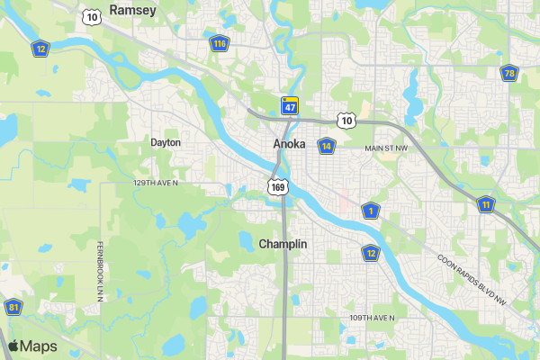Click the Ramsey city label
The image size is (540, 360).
(132, 10)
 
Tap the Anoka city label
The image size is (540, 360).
(289, 144)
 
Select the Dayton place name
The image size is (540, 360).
(166, 142)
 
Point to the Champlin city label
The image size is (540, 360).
(283, 244)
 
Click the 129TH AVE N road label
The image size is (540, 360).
(156, 183)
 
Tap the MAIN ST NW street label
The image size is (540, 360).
(386, 148)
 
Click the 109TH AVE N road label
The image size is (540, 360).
(373, 319)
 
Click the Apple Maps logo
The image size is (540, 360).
(32, 346)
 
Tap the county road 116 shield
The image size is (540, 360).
(220, 43)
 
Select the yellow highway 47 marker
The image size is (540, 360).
(289, 105)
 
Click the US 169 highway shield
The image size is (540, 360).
(278, 186)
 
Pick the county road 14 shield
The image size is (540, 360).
(327, 146)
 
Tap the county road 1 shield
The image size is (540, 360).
(371, 211)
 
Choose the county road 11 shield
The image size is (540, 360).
(486, 204)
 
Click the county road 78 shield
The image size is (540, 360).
(509, 73)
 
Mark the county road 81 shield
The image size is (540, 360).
(13, 307)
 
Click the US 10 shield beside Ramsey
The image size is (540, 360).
(90, 16)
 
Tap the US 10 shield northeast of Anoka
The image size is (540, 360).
(346, 120)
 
